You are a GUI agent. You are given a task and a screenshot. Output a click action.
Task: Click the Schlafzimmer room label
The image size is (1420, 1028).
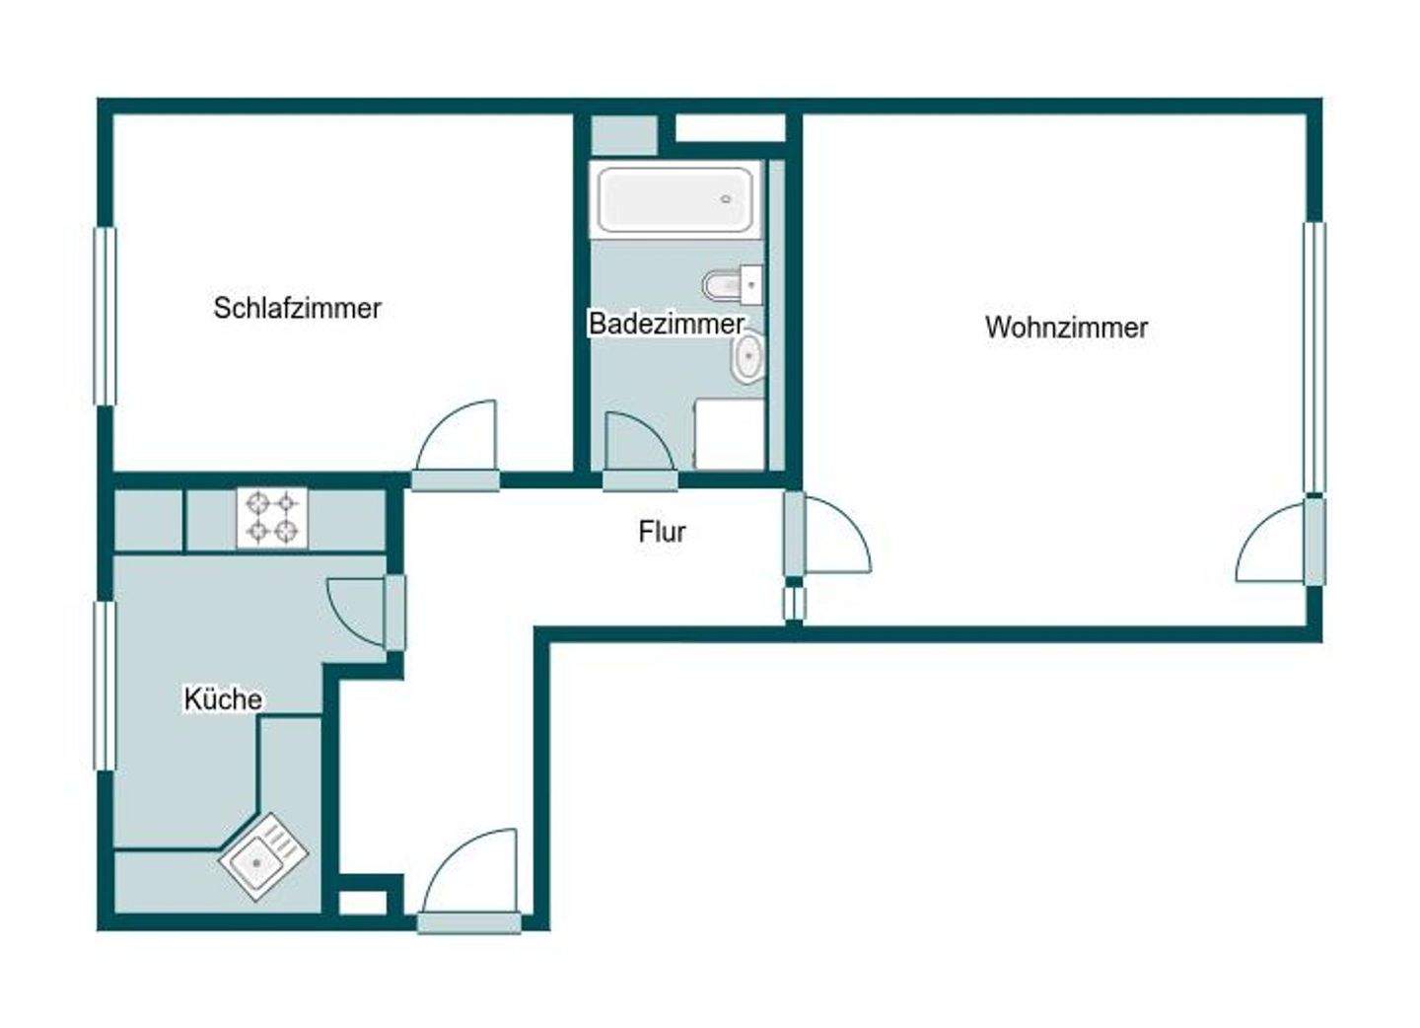point(297,308)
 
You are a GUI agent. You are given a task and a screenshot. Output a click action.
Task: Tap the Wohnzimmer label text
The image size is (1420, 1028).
point(1066,328)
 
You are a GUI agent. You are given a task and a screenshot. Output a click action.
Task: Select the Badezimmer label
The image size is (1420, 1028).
point(666,323)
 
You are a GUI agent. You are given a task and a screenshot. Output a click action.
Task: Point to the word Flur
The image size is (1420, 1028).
point(662,532)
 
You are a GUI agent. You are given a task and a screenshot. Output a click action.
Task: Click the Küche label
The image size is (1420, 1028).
point(223,699)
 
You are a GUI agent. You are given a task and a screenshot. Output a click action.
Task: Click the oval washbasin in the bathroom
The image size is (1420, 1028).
point(748,356)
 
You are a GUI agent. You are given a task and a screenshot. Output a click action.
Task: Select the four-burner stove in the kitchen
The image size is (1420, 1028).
point(272,518)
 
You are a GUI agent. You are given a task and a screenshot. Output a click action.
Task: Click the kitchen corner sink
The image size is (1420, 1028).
point(262,856)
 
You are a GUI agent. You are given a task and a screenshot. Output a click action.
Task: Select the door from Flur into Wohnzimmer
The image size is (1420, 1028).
point(833,537)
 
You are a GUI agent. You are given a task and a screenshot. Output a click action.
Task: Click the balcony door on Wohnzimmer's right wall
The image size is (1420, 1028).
point(1277,546)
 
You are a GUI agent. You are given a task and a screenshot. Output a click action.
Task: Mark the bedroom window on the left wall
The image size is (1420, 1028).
point(105,316)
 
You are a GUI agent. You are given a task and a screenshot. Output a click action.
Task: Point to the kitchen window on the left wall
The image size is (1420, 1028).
point(105,685)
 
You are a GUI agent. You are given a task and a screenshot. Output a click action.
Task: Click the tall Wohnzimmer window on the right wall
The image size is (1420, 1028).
point(1313,357)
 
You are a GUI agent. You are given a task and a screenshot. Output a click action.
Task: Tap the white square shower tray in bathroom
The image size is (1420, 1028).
point(730,434)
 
